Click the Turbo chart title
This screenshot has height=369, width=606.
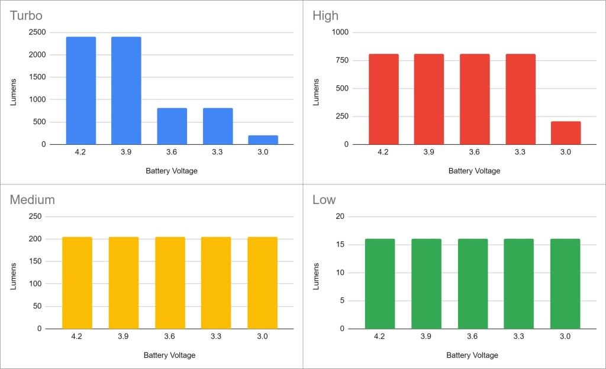[26, 15]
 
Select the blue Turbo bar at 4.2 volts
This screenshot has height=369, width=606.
[81, 90]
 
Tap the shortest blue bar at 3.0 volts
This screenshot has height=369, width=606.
[263, 140]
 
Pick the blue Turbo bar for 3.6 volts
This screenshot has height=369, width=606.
[172, 126]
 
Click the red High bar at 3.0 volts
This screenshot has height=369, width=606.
[566, 133]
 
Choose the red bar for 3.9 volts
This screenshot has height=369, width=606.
[429, 99]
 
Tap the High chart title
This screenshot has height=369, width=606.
[325, 15]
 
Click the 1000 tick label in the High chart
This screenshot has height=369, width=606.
[341, 33]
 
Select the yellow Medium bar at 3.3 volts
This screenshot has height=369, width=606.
[216, 283]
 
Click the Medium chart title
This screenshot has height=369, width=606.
[32, 200]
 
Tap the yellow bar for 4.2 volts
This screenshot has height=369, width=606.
[77, 283]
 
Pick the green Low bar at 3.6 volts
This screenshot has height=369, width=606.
[472, 283]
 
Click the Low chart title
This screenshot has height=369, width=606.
[324, 200]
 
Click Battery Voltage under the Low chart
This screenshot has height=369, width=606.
[472, 355]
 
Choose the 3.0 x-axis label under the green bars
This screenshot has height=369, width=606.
[565, 336]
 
